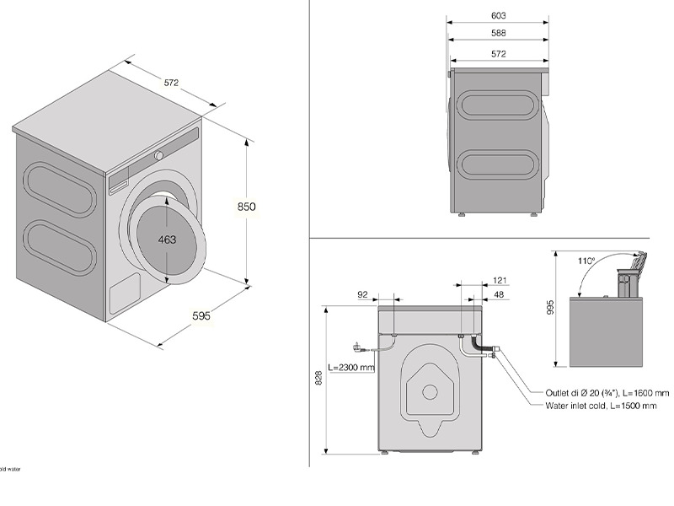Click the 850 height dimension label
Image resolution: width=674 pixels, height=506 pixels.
pos(246,207)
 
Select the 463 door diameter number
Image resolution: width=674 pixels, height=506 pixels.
pos(167,240)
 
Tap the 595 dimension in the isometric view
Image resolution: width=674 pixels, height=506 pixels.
pos(201,316)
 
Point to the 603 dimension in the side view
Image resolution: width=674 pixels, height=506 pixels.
pos(498,15)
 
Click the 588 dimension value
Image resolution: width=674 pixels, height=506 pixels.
pos(498,34)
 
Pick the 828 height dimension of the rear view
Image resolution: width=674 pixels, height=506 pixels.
pos(318,380)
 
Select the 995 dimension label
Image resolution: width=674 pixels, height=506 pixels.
pos(550,309)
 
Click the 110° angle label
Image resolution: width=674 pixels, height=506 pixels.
pos(586,261)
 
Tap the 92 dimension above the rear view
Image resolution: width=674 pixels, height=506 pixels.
pos(363,294)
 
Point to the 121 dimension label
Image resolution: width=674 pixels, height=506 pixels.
pos(499,280)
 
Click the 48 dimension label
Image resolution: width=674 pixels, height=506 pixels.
pos(499,294)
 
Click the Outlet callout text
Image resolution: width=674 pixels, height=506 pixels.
pos(607,393)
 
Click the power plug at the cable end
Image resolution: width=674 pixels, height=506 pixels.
pos(356,345)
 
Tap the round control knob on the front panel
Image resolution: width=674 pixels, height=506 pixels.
pos(158,156)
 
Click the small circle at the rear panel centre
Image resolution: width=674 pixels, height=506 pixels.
pos(430,391)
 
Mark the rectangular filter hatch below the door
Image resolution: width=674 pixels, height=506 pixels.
pos(126,292)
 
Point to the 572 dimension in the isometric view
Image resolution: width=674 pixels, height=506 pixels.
pos(171,83)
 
